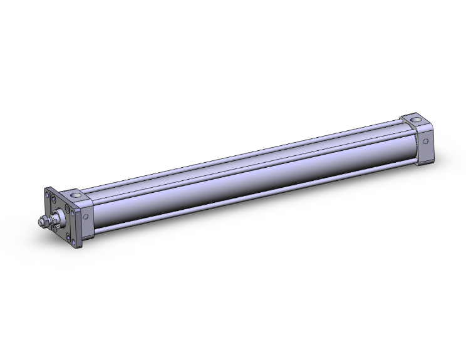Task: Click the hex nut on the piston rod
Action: [x=44, y=220]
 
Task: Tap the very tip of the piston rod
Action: [x=39, y=222]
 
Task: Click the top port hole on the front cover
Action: [x=76, y=195]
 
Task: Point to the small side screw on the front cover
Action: [x=86, y=217]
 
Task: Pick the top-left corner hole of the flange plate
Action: [x=48, y=194]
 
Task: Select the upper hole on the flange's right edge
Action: [x=72, y=213]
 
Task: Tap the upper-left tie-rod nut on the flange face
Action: [x=53, y=198]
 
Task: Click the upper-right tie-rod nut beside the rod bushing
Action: [x=67, y=208]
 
